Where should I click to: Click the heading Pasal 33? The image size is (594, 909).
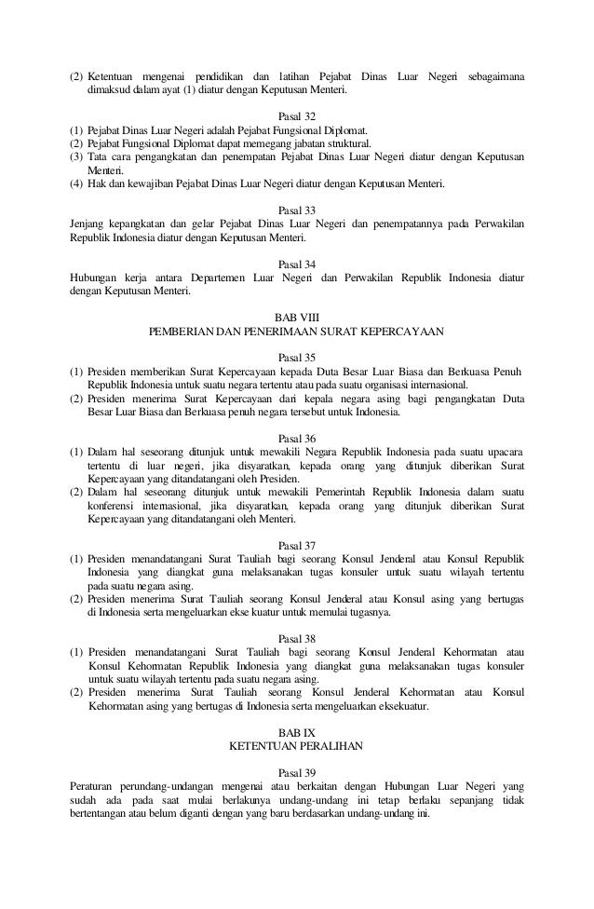pyautogui.click(x=297, y=210)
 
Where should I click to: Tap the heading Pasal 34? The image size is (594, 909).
pyautogui.click(x=297, y=265)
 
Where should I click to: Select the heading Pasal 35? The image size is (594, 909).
pyautogui.click(x=297, y=356)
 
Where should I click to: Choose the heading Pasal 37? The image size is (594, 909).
pyautogui.click(x=297, y=545)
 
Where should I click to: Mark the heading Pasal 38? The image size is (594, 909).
pyautogui.click(x=297, y=638)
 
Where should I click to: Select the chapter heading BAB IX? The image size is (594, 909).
pyautogui.click(x=297, y=733)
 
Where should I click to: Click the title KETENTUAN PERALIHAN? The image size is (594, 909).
pyautogui.click(x=297, y=747)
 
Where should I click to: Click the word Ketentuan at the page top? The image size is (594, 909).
pyautogui.click(x=115, y=75)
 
